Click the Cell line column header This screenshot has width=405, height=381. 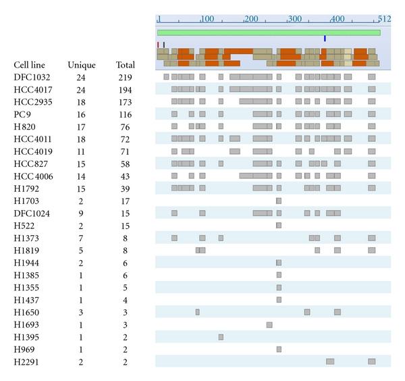30,66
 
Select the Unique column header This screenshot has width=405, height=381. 81,66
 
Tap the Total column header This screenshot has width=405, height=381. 125,66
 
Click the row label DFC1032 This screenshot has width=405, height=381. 32,78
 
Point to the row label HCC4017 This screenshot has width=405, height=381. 33,90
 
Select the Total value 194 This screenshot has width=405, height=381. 125,90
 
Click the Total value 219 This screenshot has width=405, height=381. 125,78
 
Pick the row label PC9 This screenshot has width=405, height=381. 22,114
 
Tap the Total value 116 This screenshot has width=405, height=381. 125,114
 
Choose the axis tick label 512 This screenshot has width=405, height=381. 385,18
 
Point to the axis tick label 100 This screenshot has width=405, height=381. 208,18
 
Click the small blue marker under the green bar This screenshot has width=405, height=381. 325,39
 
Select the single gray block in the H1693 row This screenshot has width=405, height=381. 269,325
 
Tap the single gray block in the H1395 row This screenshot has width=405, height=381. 221,337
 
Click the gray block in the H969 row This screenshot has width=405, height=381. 279,349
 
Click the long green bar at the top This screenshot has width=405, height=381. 269,32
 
